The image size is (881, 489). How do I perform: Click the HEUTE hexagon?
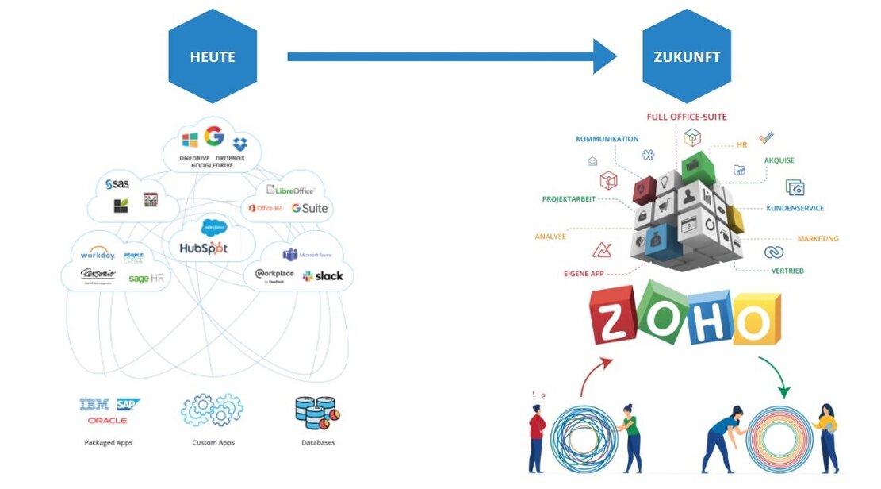pos(213,56)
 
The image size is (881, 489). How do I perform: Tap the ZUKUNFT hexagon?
pos(675,56)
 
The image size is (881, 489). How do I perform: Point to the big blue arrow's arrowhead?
pos(603,56)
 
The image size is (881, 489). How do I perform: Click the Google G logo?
pos(214,137)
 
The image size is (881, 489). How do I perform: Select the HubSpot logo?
pos(203,248)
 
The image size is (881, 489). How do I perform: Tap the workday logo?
pos(98,255)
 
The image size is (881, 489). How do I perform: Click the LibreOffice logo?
pos(290,190)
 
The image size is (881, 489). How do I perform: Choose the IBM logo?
pos(94,405)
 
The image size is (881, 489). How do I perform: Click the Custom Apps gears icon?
pos(213,410)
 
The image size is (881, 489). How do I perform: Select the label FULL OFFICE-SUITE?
pos(687,117)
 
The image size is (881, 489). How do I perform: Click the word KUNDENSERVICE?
pos(794,208)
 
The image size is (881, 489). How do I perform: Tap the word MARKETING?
pos(818,238)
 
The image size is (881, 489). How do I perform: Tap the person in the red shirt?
pos(536,433)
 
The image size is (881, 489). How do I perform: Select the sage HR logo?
pos(145,279)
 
